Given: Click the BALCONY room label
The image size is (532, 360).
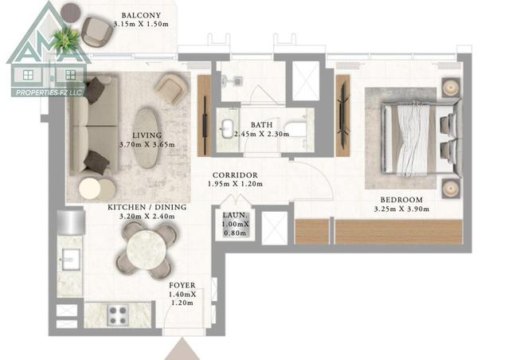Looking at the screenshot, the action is [x=141, y=15].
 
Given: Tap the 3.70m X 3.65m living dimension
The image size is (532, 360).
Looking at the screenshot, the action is [x=147, y=144].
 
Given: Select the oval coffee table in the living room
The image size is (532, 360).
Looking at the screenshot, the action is [x=147, y=138].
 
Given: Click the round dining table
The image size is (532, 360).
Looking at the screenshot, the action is [x=147, y=250].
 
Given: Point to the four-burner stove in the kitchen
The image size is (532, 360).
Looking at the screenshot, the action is [x=118, y=315].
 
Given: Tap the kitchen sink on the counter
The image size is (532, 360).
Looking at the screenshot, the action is [x=70, y=260].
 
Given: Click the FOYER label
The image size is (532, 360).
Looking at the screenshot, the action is [x=182, y=285].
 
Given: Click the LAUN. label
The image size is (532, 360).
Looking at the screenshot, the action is [x=235, y=215].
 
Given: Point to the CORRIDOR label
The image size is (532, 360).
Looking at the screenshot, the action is [x=235, y=175].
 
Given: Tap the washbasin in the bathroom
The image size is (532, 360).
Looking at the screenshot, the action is [x=226, y=129].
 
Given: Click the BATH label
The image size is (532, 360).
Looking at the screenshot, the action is [x=261, y=125].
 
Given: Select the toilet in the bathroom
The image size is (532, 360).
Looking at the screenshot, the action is [x=234, y=80].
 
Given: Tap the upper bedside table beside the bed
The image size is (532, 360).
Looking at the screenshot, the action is [x=451, y=88].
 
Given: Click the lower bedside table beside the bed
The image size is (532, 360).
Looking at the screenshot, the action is [x=451, y=189].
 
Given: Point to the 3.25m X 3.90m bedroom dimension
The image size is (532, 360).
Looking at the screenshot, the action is [x=401, y=209].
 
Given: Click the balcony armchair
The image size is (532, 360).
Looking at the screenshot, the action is [x=97, y=32].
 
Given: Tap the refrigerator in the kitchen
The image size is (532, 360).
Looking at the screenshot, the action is [x=71, y=222].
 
